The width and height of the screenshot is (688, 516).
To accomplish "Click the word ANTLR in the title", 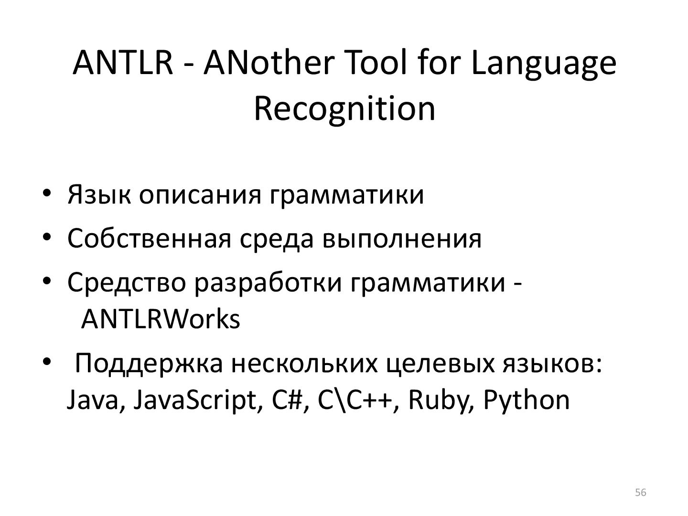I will click(123, 63).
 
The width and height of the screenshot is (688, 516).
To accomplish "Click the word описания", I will click(200, 194).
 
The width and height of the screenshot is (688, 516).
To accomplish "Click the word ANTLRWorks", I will click(161, 319).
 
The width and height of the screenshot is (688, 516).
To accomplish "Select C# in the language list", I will click(287, 400).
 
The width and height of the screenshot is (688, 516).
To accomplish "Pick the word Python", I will click(526, 400).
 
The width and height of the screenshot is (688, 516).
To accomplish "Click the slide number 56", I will click(641, 493).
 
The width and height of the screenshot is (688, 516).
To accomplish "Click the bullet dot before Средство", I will click(46, 281).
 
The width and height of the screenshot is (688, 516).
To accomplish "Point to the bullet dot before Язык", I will click(46, 193).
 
